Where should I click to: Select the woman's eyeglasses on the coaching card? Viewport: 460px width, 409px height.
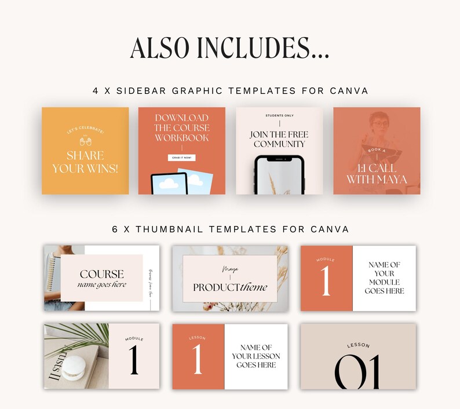[381, 123]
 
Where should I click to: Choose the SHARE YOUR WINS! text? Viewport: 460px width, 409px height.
[86, 162]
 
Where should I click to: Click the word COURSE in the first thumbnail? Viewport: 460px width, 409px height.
[102, 274]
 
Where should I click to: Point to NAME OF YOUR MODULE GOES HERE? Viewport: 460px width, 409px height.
[384, 277]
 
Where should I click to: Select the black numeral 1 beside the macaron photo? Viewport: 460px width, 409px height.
[134, 359]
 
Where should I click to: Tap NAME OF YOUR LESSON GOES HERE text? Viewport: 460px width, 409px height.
[255, 356]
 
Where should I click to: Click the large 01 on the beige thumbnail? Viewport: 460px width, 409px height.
[357, 371]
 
